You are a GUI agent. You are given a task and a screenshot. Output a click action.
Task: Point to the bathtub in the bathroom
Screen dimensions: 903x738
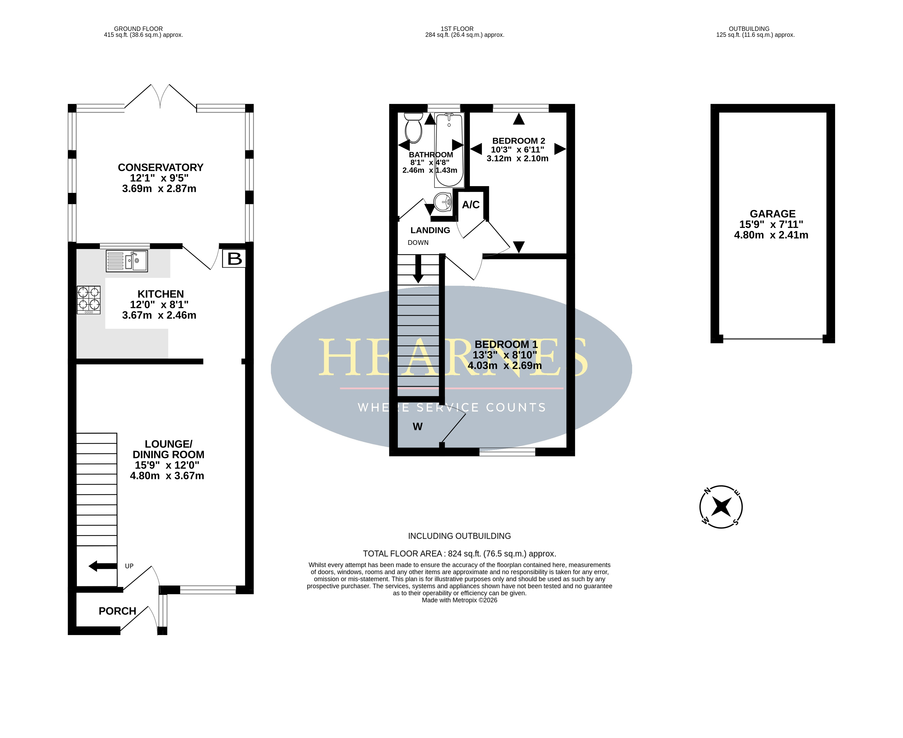click(449, 150)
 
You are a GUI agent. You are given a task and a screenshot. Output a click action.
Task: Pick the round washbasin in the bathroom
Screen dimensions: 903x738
click(443, 202)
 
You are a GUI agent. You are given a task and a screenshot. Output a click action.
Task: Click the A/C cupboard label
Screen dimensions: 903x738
click(471, 205)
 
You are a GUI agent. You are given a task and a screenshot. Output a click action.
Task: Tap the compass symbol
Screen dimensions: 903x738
click(721, 507)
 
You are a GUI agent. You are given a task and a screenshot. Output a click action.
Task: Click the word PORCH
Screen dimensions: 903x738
click(117, 611)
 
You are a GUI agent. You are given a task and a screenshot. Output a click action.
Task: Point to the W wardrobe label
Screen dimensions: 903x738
click(417, 426)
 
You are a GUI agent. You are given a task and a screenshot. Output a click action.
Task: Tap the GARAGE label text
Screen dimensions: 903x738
click(772, 214)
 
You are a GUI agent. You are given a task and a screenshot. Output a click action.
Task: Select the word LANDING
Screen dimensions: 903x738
click(430, 230)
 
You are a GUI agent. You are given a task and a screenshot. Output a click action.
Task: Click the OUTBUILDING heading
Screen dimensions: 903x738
click(749, 29)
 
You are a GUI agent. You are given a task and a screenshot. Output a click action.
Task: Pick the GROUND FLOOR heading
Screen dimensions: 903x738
click(138, 29)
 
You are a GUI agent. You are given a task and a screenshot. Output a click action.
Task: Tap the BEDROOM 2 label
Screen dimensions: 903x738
click(519, 141)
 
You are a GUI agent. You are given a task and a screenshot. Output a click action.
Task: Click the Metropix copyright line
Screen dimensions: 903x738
click(460, 600)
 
